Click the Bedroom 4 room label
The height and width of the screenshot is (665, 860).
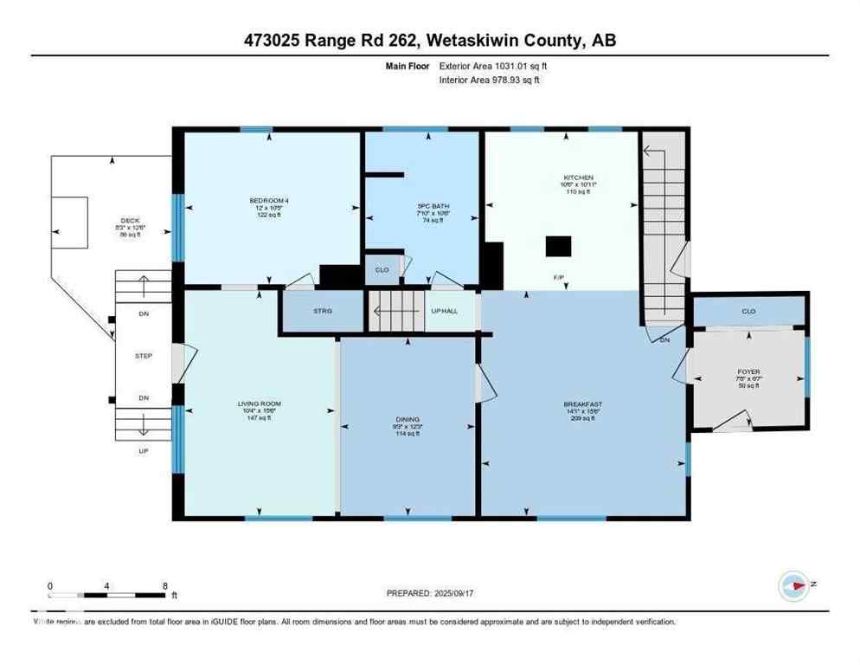[x=268, y=201]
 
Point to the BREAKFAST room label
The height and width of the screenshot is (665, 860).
[x=582, y=404]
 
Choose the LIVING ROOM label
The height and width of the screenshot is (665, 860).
[x=260, y=404]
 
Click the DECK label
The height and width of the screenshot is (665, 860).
[x=131, y=220]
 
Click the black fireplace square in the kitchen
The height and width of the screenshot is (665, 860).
[x=557, y=247]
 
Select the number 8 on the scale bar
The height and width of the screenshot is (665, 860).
[x=164, y=585]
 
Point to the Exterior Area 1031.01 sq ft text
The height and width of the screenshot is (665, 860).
[x=495, y=65]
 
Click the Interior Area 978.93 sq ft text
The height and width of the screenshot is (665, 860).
[x=495, y=80]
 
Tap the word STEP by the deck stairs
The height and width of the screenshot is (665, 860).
[x=144, y=355]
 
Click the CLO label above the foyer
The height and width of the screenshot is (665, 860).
[x=749, y=309]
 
